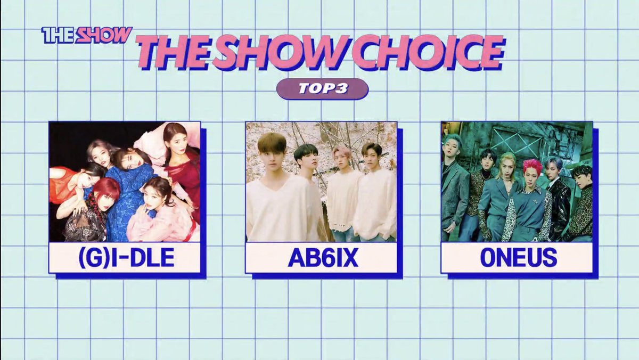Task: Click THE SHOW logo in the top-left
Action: point(87,35)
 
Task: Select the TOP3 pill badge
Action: point(322,89)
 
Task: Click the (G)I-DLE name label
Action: point(125,258)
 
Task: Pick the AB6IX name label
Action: point(321,258)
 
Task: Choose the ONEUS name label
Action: point(517,258)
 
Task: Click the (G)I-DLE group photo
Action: point(125,182)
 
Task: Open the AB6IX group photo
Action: point(321,182)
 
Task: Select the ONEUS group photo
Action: point(517,182)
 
